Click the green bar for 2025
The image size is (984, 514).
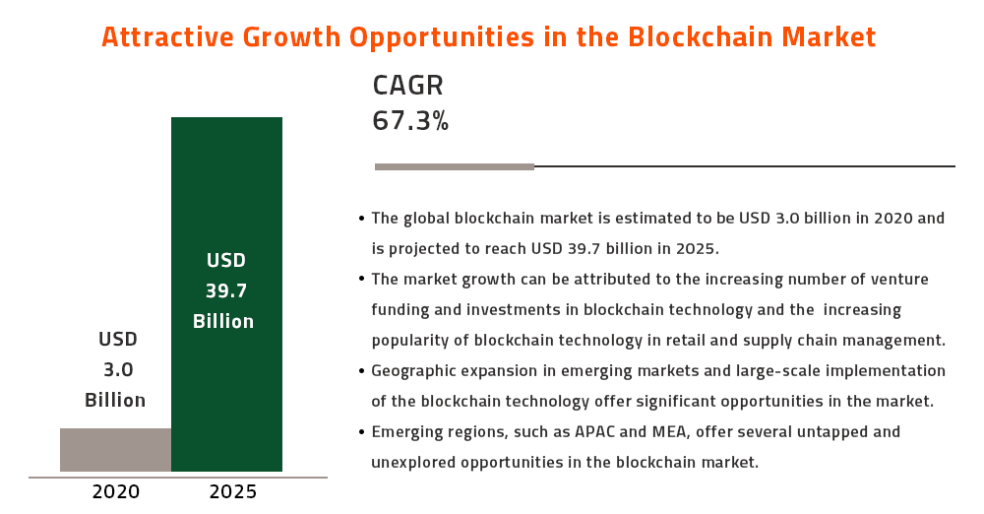(226, 294)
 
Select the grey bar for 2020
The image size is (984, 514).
(115, 450)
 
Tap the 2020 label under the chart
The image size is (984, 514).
(116, 491)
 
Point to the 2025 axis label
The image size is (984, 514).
(233, 491)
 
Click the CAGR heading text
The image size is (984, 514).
(408, 86)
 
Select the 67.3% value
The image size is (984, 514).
(410, 121)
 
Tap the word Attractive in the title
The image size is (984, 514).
(167, 37)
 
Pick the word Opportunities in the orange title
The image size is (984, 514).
(441, 38)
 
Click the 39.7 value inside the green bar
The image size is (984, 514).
(226, 290)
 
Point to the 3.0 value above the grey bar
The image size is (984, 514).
(118, 369)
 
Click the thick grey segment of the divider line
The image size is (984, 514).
(455, 167)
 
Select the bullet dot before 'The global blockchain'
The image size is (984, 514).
(361, 219)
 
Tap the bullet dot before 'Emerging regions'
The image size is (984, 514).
(361, 432)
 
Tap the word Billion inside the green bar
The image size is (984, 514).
(223, 321)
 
